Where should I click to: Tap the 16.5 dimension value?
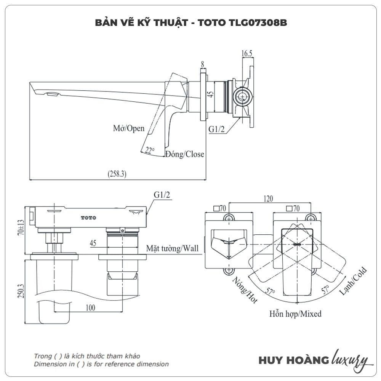pyautogui.click(x=247, y=53)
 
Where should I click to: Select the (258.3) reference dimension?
pyautogui.click(x=117, y=174)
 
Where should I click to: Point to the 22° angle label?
pyautogui.click(x=149, y=150)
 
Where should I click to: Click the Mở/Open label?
pyautogui.click(x=129, y=128)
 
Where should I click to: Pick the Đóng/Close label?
pyautogui.click(x=184, y=154)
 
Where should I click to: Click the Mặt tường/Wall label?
pyautogui.click(x=173, y=249)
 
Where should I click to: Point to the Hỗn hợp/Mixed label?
pyautogui.click(x=295, y=314)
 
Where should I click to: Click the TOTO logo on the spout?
pyautogui.click(x=88, y=218)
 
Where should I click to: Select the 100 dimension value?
pyautogui.click(x=90, y=308)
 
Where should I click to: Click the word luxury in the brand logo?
pyautogui.click(x=350, y=359)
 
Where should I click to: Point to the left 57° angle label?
pyautogui.click(x=271, y=293)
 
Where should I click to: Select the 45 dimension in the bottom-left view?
pyautogui.click(x=93, y=243)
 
